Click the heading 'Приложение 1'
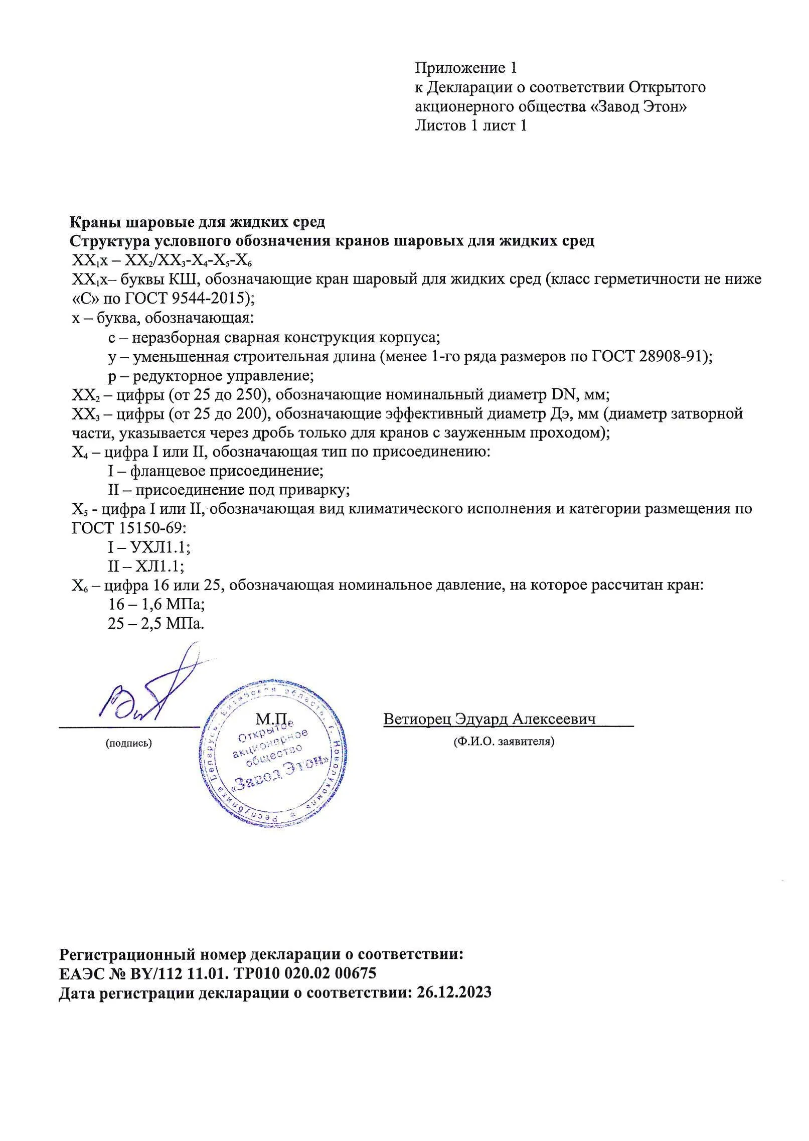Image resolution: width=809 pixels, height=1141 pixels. pos(465,68)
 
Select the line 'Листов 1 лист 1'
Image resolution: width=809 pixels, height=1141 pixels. pos(470,125)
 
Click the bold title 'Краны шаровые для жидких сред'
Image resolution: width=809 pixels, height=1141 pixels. pos(197,222)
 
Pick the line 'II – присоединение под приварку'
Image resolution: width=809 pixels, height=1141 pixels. pos(229,490)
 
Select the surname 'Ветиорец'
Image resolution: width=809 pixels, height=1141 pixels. pos(417,719)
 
